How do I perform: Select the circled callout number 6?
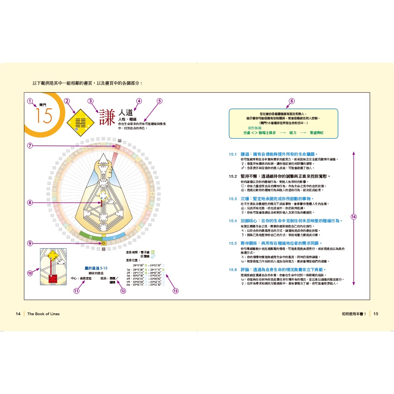point(292,101)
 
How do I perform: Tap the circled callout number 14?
point(353,217)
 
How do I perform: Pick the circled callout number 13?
point(175,291)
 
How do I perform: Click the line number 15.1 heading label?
point(232,154)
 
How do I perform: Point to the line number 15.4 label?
point(232,221)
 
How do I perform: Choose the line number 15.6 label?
point(232,269)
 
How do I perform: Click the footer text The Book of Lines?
point(43,314)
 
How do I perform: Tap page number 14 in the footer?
point(18,314)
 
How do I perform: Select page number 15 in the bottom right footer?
point(375,314)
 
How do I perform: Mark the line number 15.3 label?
point(232,199)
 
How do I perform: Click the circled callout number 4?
point(138,101)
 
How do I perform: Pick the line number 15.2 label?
point(232,177)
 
